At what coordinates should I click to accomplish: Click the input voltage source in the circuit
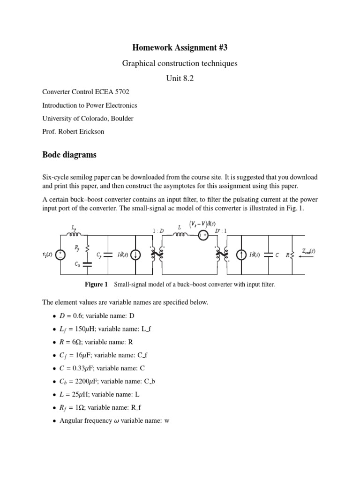pos(60,255)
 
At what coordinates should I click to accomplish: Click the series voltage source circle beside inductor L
pos(202,236)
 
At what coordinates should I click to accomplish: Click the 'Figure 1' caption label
pos(96,285)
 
